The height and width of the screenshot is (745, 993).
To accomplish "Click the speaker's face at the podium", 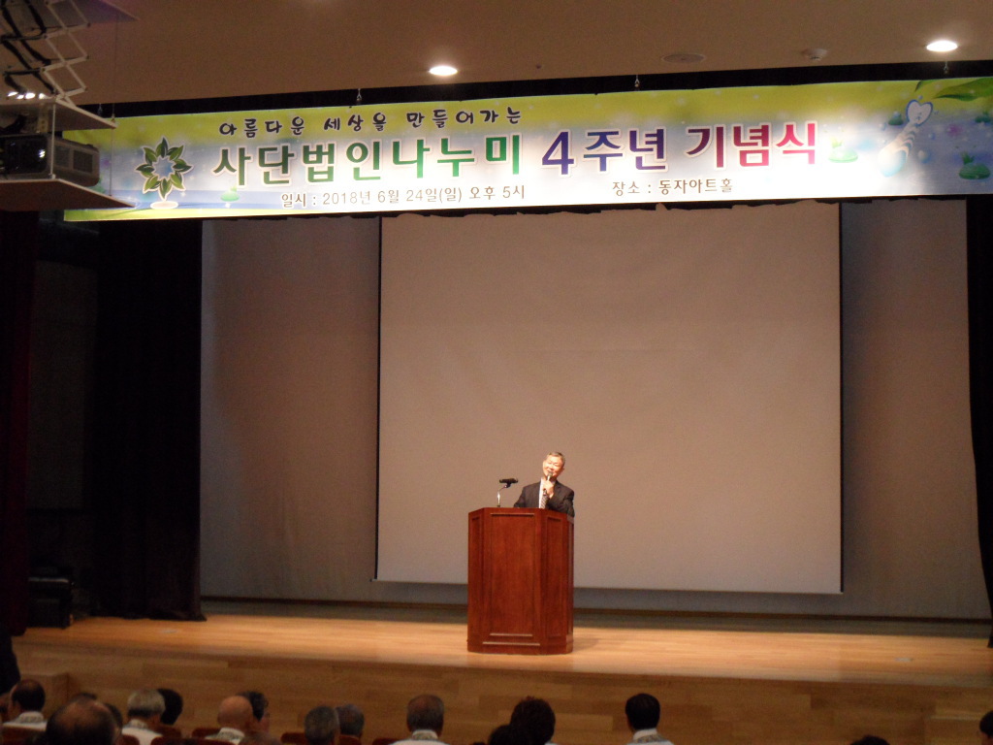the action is (552, 467).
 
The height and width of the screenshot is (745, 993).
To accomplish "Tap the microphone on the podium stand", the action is (508, 481).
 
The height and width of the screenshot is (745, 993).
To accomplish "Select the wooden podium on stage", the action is (521, 580).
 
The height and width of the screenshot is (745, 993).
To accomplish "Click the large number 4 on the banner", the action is (558, 152).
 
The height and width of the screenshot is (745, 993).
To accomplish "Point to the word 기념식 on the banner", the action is (752, 146).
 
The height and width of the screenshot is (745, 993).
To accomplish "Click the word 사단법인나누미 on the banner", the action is (367, 158).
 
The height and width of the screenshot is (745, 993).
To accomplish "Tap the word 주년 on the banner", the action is (625, 150).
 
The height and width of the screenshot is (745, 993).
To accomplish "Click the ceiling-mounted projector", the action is (49, 158).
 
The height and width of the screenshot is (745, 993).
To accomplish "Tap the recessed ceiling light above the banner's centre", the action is (442, 70).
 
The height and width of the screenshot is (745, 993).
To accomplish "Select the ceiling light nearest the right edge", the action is (942, 46).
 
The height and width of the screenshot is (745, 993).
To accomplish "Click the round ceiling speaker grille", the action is (683, 57).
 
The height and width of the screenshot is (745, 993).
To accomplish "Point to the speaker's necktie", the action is (543, 496).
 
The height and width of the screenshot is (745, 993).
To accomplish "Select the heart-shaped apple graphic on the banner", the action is (918, 114).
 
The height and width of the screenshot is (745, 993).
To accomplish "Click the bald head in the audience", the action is (235, 713).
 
